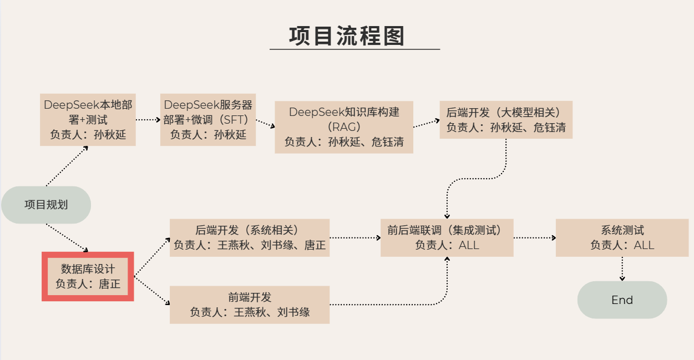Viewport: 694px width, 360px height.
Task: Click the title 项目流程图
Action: pyautogui.click(x=347, y=36)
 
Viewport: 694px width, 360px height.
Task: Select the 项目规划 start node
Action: pyautogui.click(x=46, y=205)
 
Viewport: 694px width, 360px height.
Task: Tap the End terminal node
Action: pyautogui.click(x=622, y=300)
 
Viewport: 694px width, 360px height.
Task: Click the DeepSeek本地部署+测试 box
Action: pyautogui.click(x=88, y=119)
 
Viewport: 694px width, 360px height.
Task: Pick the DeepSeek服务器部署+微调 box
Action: pyautogui.click(x=208, y=119)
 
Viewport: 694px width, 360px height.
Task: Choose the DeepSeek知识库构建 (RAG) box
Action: pyautogui.click(x=344, y=127)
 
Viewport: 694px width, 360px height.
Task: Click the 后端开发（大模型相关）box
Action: pyautogui.click(x=506, y=120)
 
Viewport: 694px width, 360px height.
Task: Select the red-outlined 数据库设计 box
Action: pyautogui.click(x=88, y=277)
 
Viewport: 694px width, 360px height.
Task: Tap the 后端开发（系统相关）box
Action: pyautogui.click(x=250, y=237)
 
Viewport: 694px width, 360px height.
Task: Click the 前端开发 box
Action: pyautogui.click(x=250, y=305)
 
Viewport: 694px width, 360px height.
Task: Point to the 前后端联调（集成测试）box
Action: pyautogui.click(x=447, y=237)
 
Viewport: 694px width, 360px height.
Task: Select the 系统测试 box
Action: pyautogui.click(x=622, y=237)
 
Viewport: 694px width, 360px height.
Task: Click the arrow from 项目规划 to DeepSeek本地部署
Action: pyautogui.click(x=67, y=166)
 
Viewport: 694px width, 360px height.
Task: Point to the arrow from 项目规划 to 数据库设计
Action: pyautogui.click(x=67, y=237)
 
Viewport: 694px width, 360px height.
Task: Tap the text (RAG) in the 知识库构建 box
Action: pyautogui.click(x=344, y=127)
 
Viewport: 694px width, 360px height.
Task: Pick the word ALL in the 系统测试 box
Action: pyautogui.click(x=644, y=245)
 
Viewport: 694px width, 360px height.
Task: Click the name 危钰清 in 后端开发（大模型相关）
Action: pyautogui.click(x=550, y=128)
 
